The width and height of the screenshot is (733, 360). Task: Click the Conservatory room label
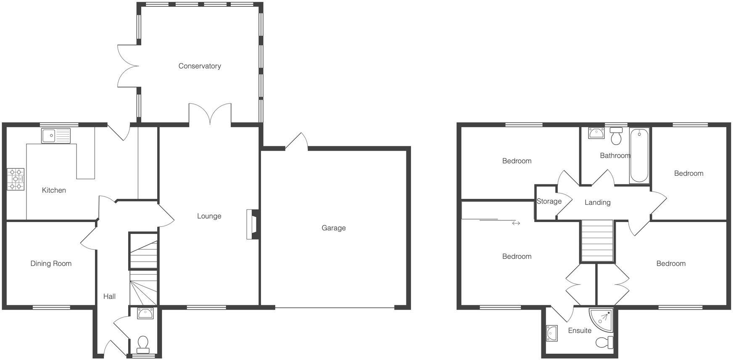click(x=200, y=66)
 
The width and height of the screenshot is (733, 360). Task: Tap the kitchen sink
click(x=56, y=135)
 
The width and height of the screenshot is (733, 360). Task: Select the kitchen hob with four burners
click(x=16, y=179)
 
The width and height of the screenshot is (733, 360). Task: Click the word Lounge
click(x=209, y=216)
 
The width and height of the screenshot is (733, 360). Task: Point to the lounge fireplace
click(x=252, y=225)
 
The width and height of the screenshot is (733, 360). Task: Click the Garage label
click(x=334, y=228)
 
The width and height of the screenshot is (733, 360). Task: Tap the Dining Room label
click(x=51, y=264)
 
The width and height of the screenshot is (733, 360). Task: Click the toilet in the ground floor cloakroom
click(x=143, y=343)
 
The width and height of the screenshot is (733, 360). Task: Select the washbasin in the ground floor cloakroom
click(x=145, y=313)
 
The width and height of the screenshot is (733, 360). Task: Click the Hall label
click(x=109, y=296)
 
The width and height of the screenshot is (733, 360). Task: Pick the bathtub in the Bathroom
click(x=639, y=156)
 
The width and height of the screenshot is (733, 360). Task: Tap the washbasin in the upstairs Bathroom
click(x=596, y=133)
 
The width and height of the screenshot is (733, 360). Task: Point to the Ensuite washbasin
click(x=552, y=333)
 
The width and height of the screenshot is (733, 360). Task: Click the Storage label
click(x=549, y=201)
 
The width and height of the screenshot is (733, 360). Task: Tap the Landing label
click(x=597, y=203)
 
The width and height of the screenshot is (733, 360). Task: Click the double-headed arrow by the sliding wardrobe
click(x=516, y=223)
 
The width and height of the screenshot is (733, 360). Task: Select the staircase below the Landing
click(x=597, y=241)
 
